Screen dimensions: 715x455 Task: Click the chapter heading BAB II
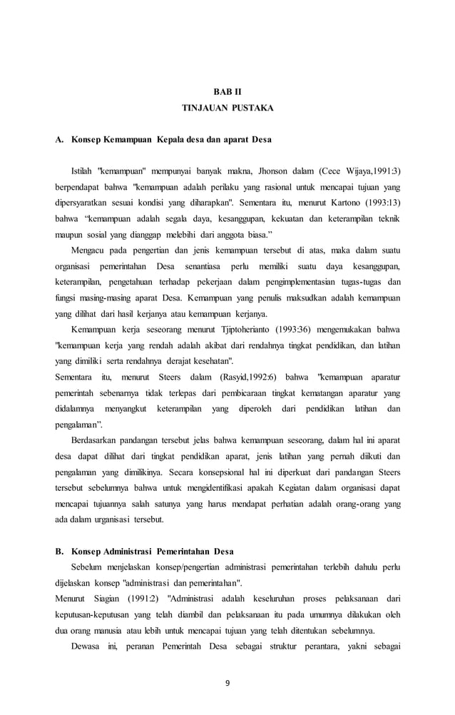point(227,93)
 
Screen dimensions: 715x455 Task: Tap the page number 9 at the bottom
point(227,683)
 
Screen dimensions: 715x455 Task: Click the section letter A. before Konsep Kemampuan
point(60,139)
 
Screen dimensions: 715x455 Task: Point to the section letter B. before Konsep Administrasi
point(60,552)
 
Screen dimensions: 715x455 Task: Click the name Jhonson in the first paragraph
point(257,171)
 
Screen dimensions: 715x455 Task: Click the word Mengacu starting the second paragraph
point(89,250)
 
